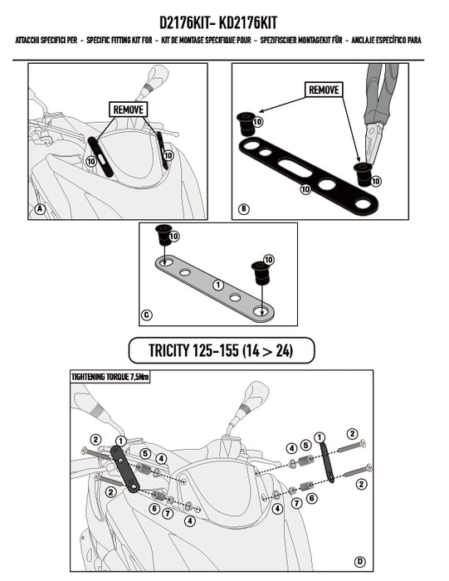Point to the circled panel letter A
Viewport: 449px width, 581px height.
(39, 209)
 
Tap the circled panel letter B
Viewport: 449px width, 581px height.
(243, 209)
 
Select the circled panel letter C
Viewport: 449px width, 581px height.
(147, 315)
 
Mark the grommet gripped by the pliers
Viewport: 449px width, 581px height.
(360, 174)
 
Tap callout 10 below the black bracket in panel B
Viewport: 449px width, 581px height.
(305, 189)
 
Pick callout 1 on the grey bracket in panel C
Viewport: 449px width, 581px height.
(217, 284)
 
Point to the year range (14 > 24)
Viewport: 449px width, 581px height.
(277, 351)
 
